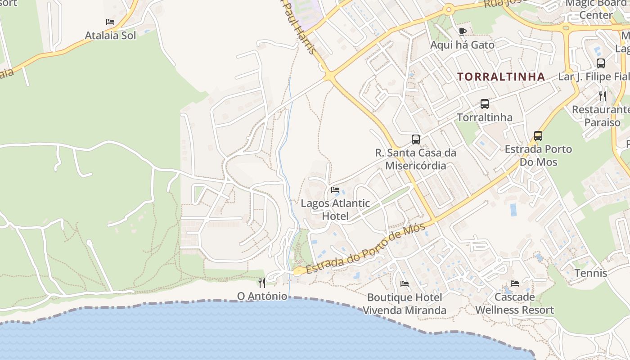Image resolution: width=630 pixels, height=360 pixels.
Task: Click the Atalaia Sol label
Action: [x=110, y=36]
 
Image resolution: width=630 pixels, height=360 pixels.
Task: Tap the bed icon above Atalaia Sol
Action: [x=110, y=22]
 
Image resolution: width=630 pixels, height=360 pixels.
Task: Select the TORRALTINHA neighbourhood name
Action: [x=501, y=76]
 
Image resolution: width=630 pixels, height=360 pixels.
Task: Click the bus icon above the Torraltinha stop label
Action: [x=485, y=103]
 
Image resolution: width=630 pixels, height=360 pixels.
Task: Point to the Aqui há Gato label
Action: [x=462, y=45]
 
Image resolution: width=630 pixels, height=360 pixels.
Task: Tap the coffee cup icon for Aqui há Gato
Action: [x=462, y=31]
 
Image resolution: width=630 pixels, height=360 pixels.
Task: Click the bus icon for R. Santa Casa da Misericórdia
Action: [x=416, y=139]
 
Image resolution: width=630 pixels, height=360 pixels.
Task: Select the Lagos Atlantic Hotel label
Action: [x=335, y=210]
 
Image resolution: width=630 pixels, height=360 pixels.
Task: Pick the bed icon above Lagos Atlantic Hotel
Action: [x=335, y=189]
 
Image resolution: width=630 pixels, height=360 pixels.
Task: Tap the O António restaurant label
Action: [x=262, y=296]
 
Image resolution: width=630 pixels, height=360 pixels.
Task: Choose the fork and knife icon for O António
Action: [x=262, y=283]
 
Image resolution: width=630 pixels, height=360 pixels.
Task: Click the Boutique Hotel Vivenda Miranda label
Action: [x=405, y=304]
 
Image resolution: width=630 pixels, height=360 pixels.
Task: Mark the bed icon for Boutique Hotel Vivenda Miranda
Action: [x=405, y=284]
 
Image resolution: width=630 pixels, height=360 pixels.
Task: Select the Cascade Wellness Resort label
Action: [x=514, y=304]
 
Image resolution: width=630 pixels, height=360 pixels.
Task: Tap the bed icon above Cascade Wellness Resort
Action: [x=515, y=283]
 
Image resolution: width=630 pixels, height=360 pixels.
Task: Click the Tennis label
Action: [x=591, y=273]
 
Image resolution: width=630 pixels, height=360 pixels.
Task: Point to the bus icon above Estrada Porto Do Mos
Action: [x=538, y=135]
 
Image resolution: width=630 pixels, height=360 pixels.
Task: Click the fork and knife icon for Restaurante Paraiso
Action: [x=603, y=96]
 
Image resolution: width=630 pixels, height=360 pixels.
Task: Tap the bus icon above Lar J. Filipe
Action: [x=601, y=63]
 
